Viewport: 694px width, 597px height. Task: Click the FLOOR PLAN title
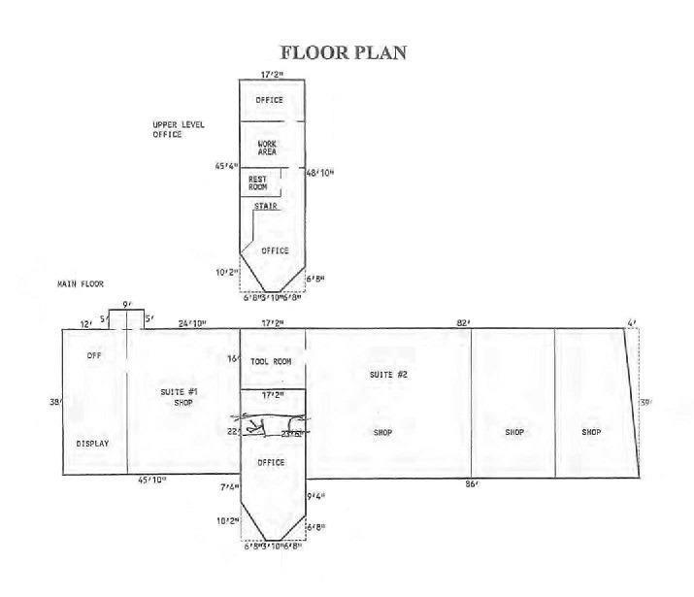coord(343,51)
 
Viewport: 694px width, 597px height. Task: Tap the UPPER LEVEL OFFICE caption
coord(181,129)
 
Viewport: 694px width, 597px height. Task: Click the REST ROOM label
coord(258,182)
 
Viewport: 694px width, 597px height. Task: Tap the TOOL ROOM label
coord(271,361)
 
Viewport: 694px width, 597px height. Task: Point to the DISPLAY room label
coord(92,444)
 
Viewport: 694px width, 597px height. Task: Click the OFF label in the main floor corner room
coord(94,355)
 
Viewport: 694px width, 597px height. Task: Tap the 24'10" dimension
coord(191,322)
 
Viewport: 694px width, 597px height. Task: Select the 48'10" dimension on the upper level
coord(320,172)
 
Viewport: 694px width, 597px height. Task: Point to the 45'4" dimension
coord(226,166)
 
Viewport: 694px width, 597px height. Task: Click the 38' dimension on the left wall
coord(54,401)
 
